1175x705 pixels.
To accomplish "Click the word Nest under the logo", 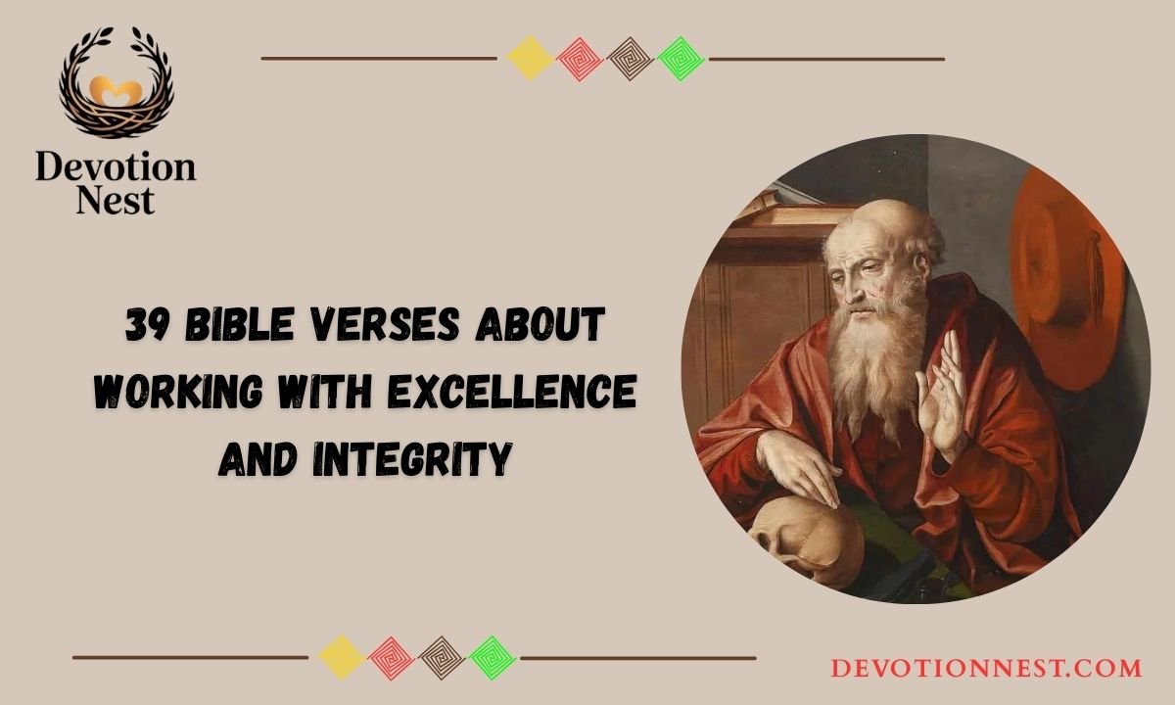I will coord(116,200).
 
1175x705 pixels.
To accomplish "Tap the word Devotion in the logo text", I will coord(116,166).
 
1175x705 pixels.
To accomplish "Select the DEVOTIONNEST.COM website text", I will coord(986,669).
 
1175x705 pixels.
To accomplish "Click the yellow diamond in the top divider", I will coord(530,59).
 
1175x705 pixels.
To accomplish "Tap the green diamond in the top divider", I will coord(681,59).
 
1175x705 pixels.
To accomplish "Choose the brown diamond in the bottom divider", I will coord(441,658).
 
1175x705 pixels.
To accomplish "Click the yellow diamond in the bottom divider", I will coord(342,658).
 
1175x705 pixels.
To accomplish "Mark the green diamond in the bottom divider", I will coord(492,658).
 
